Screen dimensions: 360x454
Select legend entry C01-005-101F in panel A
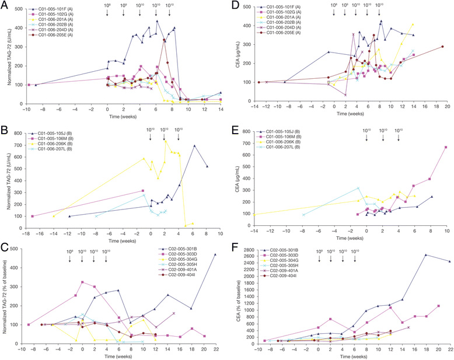61,9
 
